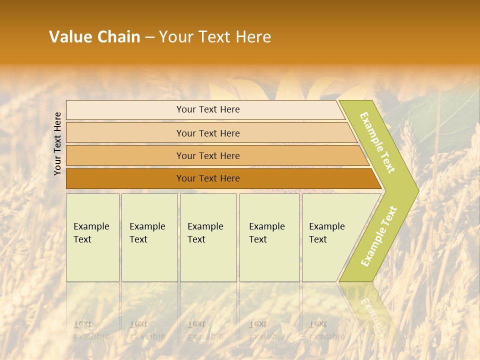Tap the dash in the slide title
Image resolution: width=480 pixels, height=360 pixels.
(x=149, y=37)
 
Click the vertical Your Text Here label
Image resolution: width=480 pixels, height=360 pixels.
(x=57, y=143)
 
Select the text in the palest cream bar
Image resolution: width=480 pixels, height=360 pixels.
(x=208, y=109)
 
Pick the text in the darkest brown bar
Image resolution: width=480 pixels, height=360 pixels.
(x=208, y=178)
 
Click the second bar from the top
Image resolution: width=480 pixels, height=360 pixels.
(x=208, y=133)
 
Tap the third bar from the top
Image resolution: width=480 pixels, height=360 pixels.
(x=208, y=156)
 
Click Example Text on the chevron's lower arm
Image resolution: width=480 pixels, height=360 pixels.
(x=379, y=236)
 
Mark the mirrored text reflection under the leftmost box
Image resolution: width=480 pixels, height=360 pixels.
(x=91, y=330)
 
